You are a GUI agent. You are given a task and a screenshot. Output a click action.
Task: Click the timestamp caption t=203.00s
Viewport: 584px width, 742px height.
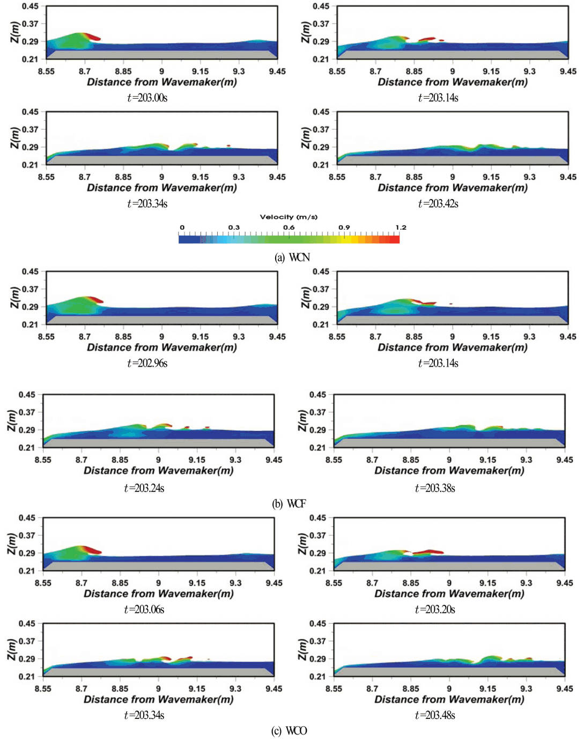[x=147, y=98]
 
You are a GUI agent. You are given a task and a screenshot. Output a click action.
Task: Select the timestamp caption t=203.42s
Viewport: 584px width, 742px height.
[x=438, y=203]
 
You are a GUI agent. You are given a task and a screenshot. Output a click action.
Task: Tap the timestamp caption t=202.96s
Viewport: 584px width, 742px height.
[x=147, y=363]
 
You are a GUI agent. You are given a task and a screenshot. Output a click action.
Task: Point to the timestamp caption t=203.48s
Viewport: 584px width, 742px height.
[x=435, y=715]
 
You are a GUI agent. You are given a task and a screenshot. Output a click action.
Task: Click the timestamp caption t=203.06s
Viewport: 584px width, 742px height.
[x=144, y=609]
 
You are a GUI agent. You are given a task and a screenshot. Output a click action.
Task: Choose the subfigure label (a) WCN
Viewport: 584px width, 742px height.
[x=292, y=258]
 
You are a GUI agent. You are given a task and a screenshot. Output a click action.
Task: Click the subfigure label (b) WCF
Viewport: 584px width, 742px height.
[x=289, y=504]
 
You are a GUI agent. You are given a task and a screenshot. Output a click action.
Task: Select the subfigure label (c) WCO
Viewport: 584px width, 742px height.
[x=289, y=731]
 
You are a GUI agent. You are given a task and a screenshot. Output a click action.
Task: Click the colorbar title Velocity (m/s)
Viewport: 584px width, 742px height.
[x=289, y=217]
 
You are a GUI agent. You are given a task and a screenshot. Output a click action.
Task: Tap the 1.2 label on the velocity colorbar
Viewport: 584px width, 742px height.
[x=401, y=228]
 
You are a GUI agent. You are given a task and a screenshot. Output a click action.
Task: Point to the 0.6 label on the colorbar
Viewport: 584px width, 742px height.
[x=289, y=228]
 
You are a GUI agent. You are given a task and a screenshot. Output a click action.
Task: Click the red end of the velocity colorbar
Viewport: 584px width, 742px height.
[x=395, y=239]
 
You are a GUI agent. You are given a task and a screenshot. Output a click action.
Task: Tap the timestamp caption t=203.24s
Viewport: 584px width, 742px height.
[x=144, y=488]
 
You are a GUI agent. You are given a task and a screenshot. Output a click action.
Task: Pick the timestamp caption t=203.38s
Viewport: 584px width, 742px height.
[x=435, y=488]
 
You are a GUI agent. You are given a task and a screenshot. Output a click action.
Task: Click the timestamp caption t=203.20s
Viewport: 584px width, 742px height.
[x=435, y=609]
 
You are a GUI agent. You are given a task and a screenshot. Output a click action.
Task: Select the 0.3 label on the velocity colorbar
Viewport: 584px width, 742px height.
[x=234, y=228]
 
